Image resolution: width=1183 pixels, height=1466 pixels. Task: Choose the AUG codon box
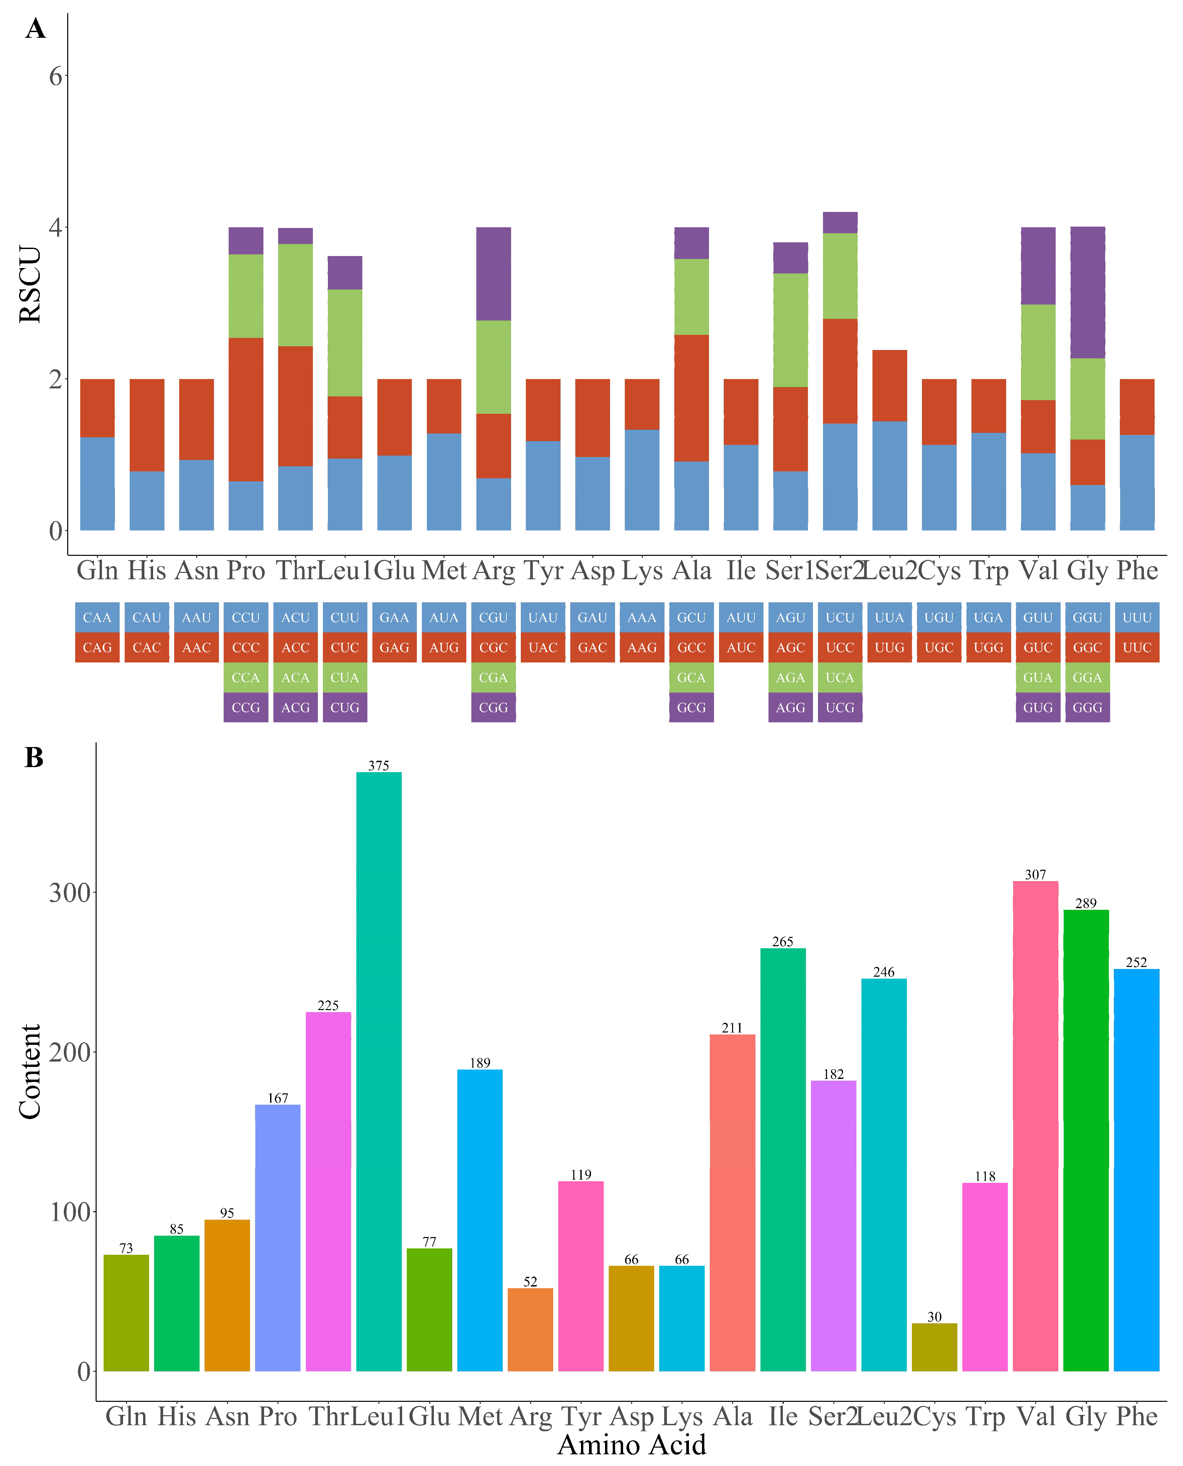point(444,647)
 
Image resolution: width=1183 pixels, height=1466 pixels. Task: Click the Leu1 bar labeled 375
point(379,1070)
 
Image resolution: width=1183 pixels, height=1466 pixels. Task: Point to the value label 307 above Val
point(1035,874)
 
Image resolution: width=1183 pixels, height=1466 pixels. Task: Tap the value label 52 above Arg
point(530,1281)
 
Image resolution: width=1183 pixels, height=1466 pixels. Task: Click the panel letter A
point(35,29)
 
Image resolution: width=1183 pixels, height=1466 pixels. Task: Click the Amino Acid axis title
point(632,1444)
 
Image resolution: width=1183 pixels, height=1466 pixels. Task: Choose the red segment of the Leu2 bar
point(889,386)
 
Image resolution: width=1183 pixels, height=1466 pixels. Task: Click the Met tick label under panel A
point(444,570)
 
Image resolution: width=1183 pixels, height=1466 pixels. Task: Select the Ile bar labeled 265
point(783,1158)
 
